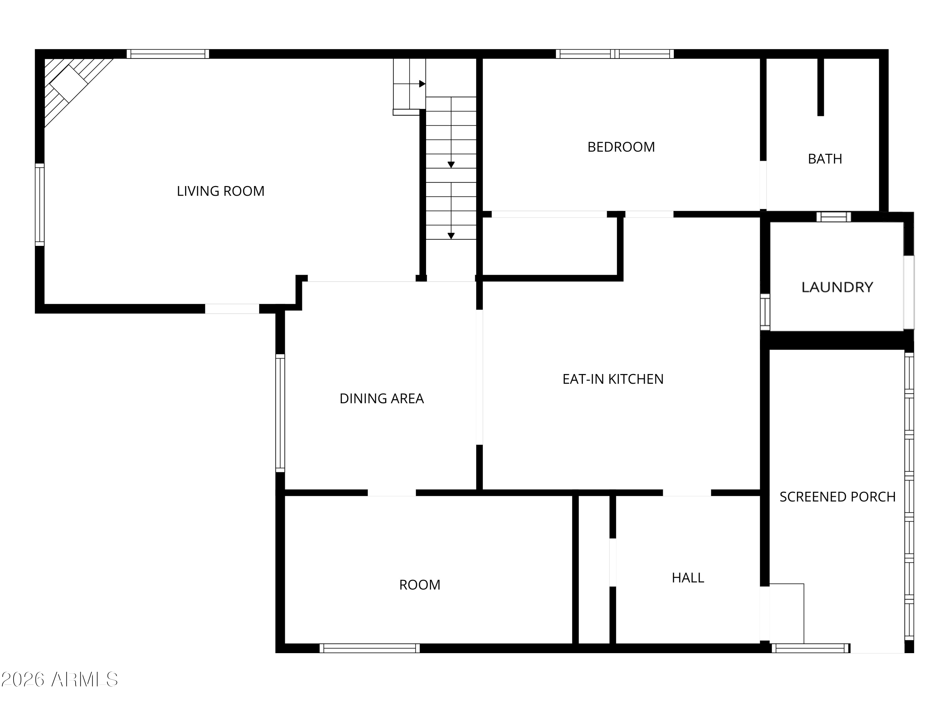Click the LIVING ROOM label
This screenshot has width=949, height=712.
(220, 191)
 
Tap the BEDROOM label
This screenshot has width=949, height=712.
(621, 147)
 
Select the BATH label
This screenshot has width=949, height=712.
(825, 159)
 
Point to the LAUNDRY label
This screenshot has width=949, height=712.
(837, 287)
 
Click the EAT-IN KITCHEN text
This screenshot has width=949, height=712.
(613, 379)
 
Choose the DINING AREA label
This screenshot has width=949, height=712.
(381, 399)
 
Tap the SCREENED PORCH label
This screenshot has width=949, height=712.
(837, 497)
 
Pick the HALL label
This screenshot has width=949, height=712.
(688, 578)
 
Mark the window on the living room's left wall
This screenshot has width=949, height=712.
(40, 205)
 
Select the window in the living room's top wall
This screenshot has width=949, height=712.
(168, 54)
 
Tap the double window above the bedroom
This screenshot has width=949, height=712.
(614, 54)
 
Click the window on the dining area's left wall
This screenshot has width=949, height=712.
(280, 413)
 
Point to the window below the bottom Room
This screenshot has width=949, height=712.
(369, 648)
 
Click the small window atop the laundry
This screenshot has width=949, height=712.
(833, 217)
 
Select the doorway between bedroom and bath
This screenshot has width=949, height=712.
(763, 185)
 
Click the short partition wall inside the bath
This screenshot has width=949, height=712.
(820, 87)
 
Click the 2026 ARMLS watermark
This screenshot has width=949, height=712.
(60, 679)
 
